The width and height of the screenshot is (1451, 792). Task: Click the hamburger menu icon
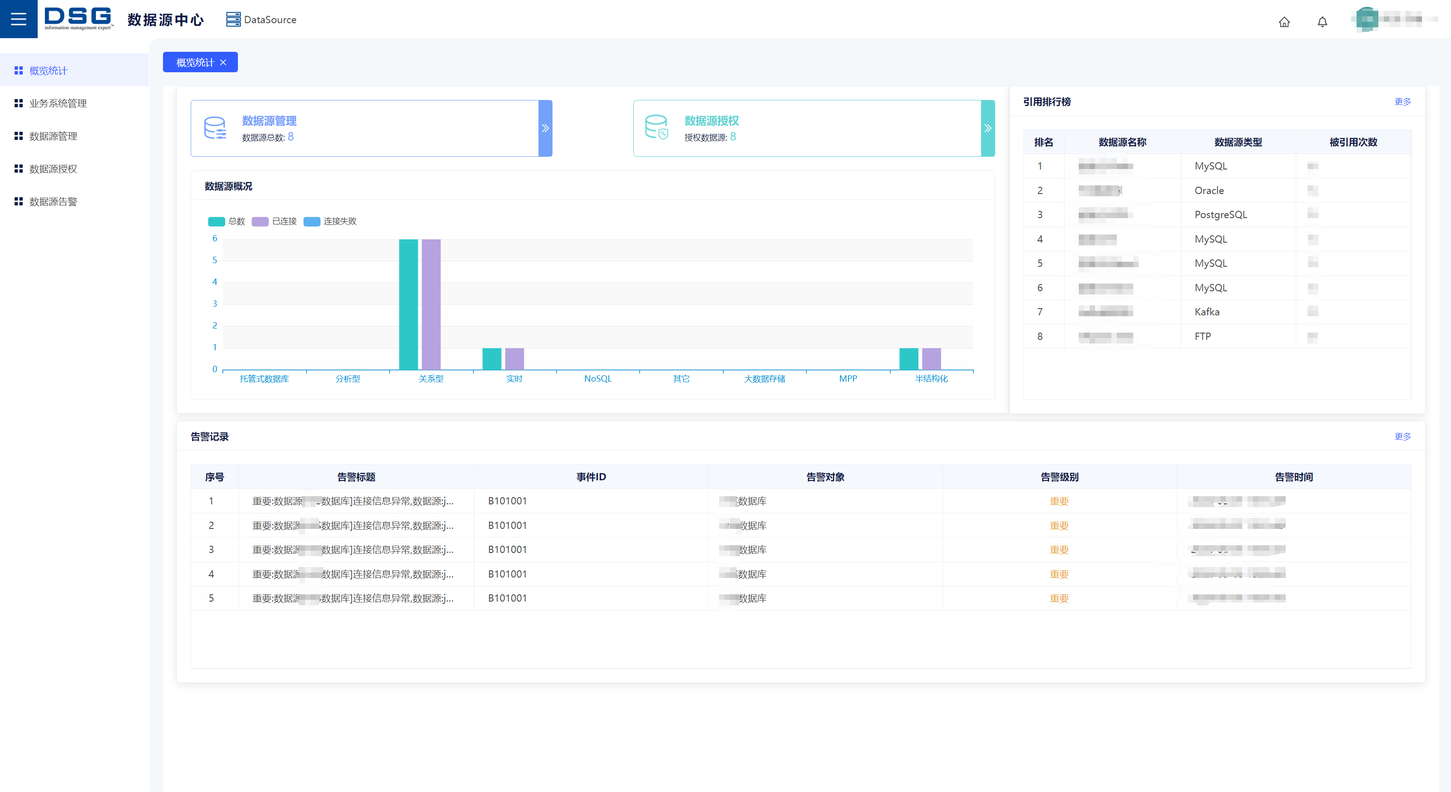19,19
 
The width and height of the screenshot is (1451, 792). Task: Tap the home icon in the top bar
1284,22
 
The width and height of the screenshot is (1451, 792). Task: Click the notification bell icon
1322,22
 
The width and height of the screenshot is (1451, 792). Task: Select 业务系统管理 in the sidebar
58,103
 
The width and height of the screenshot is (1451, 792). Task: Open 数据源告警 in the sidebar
53,201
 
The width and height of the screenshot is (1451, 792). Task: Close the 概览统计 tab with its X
224,63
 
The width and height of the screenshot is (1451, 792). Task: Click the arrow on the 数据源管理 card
545,128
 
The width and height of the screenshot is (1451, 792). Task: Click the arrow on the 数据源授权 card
987,128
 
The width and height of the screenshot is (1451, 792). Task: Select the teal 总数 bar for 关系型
408,304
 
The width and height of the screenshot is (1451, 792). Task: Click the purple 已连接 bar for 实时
514,359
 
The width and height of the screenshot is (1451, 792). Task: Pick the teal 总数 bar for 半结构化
908,359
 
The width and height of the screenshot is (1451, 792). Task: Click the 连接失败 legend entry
330,221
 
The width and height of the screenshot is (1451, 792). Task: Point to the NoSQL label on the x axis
597,379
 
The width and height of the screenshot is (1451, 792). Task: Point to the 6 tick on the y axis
215,239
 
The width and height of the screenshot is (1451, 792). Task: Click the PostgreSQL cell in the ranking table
1221,215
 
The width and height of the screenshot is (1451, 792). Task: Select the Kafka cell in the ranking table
1207,312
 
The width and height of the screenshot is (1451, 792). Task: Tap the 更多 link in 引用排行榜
1402,101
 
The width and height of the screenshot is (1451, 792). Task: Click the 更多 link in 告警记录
1402,436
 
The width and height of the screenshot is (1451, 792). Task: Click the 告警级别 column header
1059,477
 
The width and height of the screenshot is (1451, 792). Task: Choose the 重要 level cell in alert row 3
1059,550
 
